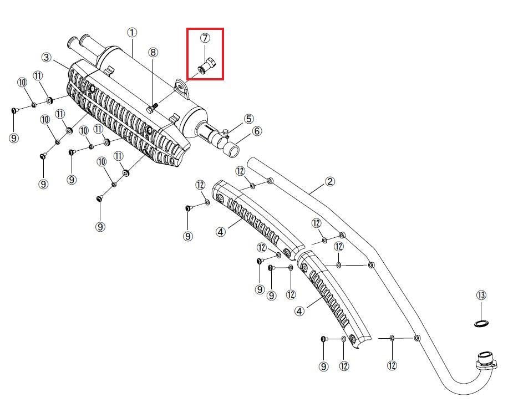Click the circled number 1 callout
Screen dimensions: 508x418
(x=132, y=32)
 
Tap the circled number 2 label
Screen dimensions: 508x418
(x=330, y=181)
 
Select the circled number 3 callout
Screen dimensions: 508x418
(x=47, y=57)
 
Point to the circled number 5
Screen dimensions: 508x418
(x=248, y=119)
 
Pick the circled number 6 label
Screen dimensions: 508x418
(x=257, y=131)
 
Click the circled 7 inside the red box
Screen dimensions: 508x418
(x=205, y=38)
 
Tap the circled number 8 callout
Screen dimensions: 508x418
(x=153, y=52)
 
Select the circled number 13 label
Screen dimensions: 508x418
(x=481, y=295)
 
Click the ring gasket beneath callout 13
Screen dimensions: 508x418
(x=481, y=323)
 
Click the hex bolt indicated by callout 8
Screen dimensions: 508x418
(x=151, y=108)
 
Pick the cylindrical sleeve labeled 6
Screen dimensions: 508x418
(x=232, y=151)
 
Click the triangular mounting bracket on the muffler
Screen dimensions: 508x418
(x=182, y=88)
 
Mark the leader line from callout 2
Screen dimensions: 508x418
(x=317, y=189)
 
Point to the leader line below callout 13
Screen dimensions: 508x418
(x=481, y=310)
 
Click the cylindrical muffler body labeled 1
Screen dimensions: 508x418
(x=153, y=88)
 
